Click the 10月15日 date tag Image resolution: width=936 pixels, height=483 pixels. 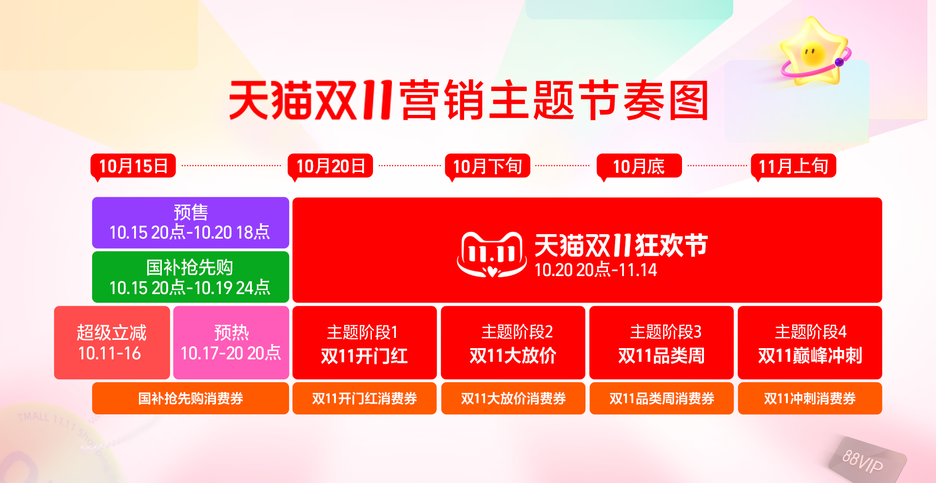(133, 166)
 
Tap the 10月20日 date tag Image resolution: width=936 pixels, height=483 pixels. (330, 166)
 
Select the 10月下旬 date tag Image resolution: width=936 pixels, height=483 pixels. (487, 166)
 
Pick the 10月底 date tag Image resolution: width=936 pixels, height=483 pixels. (639, 166)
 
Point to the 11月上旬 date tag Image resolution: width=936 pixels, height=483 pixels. (793, 166)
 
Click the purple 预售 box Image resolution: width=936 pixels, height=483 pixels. (191, 223)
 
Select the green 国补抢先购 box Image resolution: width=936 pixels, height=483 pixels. (191, 277)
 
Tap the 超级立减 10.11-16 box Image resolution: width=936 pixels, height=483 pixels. (112, 343)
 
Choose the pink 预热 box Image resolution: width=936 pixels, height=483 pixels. (231, 343)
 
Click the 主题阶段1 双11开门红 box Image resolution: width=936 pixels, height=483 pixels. (364, 343)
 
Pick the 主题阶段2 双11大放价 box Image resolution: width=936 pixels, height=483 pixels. (513, 343)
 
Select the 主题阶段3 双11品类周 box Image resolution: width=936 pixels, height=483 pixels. (661, 343)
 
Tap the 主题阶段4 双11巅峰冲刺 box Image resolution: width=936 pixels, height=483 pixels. (810, 343)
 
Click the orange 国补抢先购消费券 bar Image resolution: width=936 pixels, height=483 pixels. (191, 398)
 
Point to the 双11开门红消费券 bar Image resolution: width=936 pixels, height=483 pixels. (364, 398)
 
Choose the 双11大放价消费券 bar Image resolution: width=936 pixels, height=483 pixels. (513, 398)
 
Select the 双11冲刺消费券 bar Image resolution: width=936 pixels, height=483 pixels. (810, 398)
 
